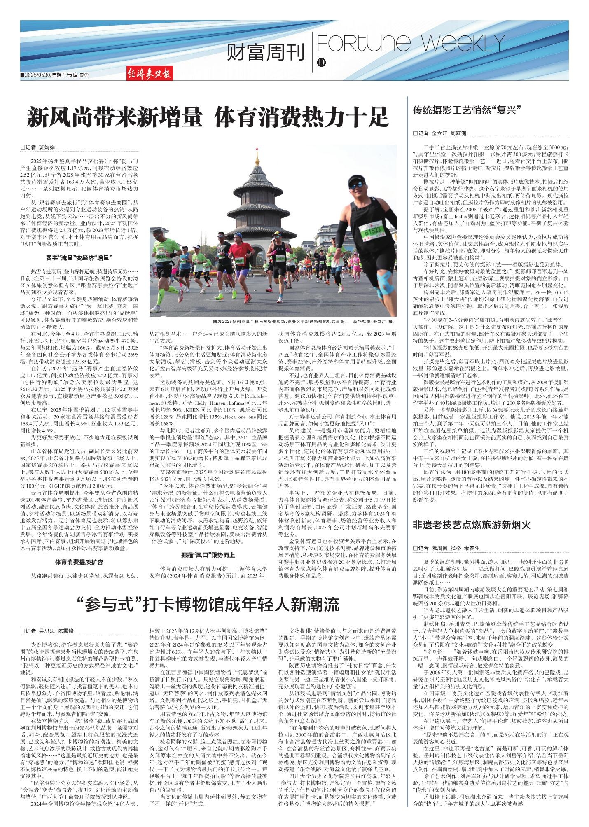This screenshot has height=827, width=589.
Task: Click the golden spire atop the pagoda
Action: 258,157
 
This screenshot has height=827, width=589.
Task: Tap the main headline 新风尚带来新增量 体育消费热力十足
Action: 208,118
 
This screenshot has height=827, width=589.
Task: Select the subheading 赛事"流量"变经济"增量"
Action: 79,258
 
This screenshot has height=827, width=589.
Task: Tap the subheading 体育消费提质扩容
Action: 79,562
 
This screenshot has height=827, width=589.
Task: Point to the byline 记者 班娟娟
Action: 38,147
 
